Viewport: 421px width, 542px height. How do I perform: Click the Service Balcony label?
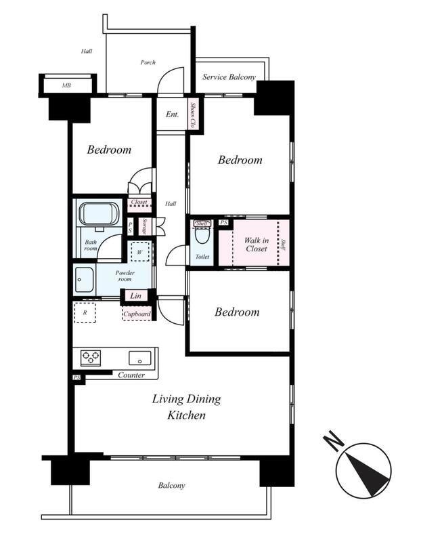pos(229,77)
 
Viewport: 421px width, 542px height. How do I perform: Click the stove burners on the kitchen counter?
pos(91,358)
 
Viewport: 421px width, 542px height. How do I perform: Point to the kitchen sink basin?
pos(140,358)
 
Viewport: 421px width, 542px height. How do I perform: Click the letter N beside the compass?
pos(334,440)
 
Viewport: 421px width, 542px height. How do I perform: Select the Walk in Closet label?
pos(257,245)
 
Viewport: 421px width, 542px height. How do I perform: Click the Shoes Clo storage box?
pos(194,114)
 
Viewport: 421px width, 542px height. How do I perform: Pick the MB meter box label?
pos(66,85)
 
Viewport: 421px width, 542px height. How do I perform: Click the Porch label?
pos(148,62)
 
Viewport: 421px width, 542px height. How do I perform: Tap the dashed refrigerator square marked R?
pos(85,312)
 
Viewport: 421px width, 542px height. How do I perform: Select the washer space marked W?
pos(140,251)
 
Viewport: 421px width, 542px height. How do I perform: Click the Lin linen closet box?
pos(136,295)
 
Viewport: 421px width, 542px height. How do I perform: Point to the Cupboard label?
pos(137,314)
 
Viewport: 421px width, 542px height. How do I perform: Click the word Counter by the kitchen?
pos(131,375)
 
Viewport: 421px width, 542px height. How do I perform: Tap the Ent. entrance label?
pos(172,114)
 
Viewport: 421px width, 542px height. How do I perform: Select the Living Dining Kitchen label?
pos(187,407)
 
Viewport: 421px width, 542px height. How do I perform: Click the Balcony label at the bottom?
pos(171,485)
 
